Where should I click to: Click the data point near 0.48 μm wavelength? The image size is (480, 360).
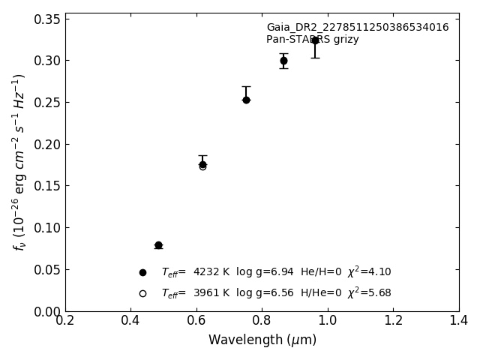158,245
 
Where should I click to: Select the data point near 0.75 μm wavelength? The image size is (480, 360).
246,100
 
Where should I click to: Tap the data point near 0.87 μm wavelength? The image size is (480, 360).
283,61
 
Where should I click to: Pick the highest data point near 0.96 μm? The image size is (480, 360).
315,40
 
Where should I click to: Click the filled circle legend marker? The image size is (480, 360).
142,272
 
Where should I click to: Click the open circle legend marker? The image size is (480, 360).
142,293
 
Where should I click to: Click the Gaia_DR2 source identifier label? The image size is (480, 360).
357,28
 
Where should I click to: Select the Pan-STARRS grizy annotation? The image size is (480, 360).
312,40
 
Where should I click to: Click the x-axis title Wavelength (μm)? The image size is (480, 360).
262,340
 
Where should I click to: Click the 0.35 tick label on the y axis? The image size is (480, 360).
48,19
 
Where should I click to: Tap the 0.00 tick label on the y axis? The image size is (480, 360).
48,311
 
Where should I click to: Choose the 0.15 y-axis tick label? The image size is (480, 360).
48,186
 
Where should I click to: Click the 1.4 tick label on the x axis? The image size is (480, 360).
459,320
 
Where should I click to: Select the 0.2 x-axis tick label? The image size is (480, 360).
65,320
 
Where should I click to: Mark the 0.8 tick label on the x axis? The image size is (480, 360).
262,320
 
